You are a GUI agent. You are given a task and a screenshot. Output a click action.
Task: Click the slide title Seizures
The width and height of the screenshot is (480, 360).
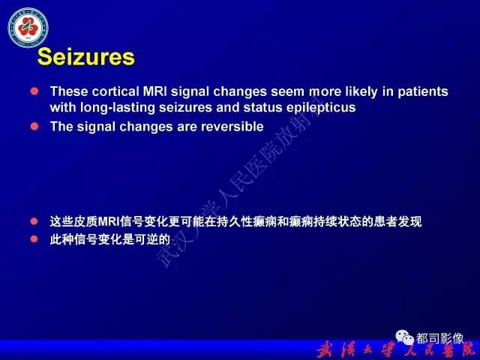pos(86,57)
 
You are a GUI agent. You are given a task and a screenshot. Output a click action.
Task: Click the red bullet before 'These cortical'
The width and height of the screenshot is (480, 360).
pos(34,91)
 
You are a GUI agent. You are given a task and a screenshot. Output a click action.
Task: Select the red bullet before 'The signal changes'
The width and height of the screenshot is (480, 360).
pos(34,127)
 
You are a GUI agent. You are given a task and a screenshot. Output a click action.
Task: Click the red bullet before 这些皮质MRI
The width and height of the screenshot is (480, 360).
pos(34,221)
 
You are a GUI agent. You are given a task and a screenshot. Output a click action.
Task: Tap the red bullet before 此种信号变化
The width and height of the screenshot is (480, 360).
pos(34,239)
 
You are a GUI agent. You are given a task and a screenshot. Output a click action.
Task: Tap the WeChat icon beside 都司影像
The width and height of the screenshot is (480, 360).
pos(404,337)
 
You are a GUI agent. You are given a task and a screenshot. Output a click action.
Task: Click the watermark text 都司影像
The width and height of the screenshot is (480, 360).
pos(439,338)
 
